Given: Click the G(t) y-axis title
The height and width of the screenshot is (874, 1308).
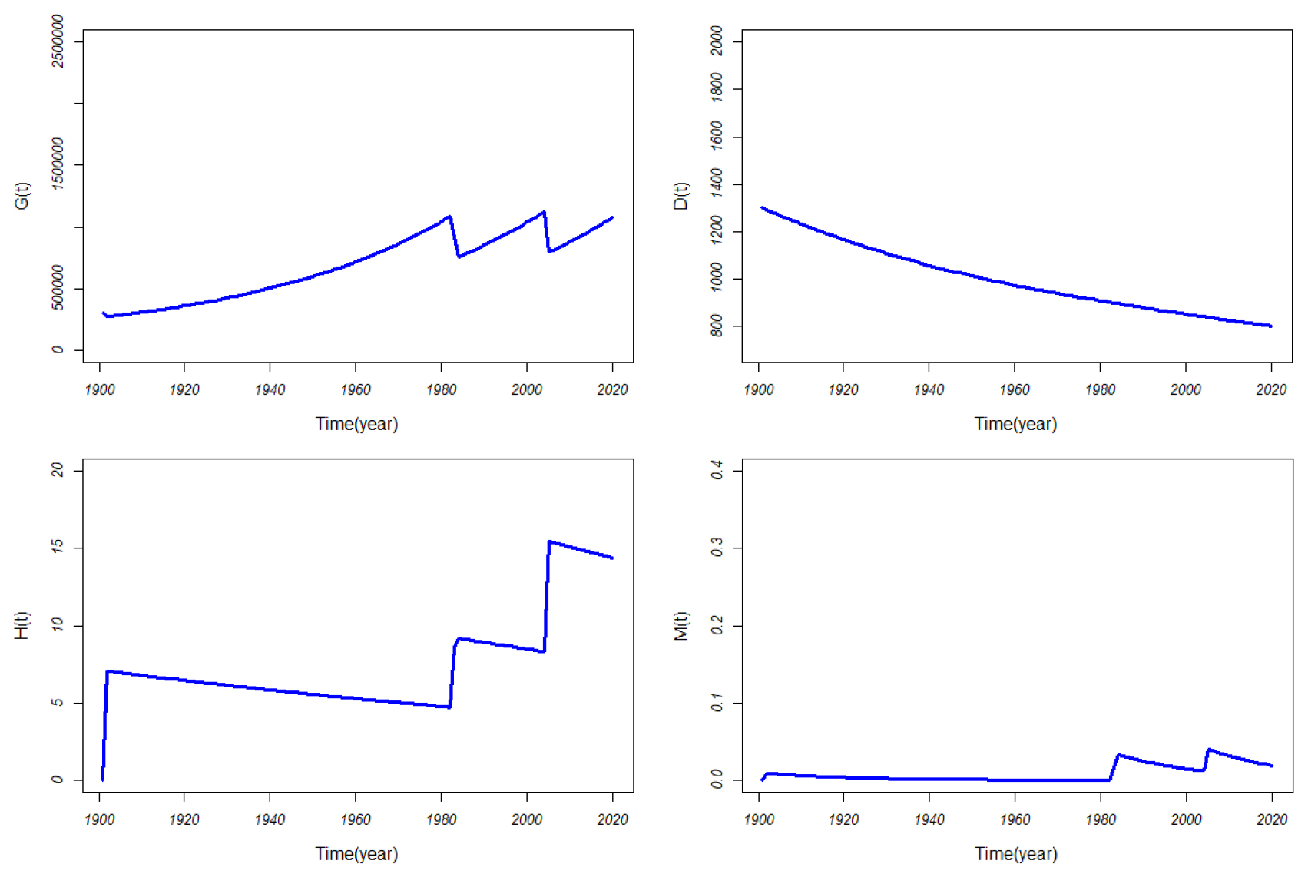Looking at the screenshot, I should [x=22, y=196].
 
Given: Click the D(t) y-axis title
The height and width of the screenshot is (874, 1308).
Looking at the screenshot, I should [x=680, y=196].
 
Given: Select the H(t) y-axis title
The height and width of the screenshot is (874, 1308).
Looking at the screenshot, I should [x=22, y=625].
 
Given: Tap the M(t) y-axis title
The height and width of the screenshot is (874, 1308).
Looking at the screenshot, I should [x=680, y=625].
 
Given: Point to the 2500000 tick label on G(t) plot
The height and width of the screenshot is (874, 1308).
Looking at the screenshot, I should [x=58, y=41].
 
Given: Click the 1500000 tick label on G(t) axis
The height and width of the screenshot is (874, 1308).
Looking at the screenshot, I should [x=58, y=164].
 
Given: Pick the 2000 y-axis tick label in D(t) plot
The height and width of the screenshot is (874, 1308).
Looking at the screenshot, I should [x=717, y=41].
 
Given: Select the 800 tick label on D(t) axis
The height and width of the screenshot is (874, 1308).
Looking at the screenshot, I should [x=717, y=326].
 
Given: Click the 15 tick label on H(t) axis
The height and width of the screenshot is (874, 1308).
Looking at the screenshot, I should [x=58, y=548].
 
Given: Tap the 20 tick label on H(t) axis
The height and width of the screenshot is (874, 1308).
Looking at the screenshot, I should [x=58, y=469].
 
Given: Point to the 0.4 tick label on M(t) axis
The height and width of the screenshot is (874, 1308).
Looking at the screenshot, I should [x=717, y=469].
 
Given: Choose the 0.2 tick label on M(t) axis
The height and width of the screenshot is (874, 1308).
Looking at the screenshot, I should [x=717, y=625].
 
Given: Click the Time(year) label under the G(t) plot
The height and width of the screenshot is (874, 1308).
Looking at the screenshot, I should [x=356, y=424].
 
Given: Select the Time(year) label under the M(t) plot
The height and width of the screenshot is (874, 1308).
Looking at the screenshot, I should [x=1015, y=853].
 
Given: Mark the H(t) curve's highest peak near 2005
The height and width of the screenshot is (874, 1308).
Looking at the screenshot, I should [x=550, y=542].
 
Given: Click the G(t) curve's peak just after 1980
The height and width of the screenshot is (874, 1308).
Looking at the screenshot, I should [x=449, y=217].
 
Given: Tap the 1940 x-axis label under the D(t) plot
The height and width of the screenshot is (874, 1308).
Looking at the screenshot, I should [x=929, y=390].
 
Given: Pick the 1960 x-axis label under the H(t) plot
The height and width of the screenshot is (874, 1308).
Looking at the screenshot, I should [x=356, y=819].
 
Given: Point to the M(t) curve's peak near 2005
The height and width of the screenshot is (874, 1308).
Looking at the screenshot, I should [x=1209, y=749].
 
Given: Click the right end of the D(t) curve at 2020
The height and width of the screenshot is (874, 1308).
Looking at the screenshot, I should [x=1271, y=326].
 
